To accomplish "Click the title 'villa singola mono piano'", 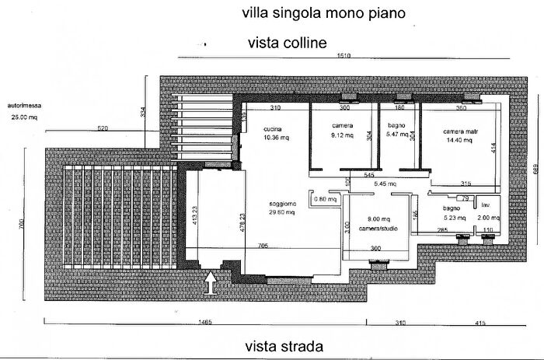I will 323,13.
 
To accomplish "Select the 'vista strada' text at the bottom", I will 284,346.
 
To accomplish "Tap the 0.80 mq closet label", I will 325,199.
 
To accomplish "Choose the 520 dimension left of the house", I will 103,128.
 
